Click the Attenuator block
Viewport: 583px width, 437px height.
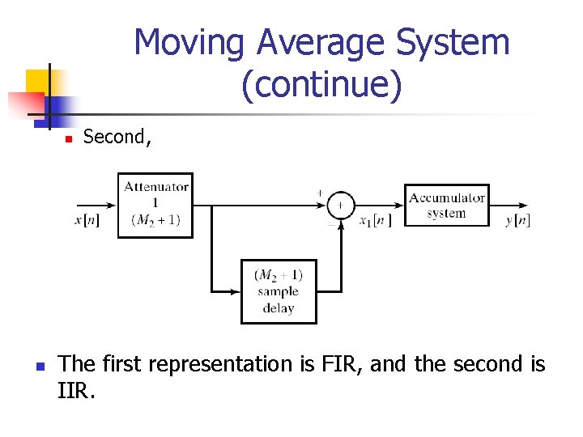click(x=155, y=205)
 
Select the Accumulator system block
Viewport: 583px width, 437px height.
click(x=446, y=205)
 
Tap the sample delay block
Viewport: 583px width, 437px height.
click(x=278, y=291)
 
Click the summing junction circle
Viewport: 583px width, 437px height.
click(x=341, y=205)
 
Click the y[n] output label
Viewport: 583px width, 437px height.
click(x=517, y=220)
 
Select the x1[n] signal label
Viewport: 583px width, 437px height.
click(x=375, y=220)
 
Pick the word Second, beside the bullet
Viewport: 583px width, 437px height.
click(x=117, y=137)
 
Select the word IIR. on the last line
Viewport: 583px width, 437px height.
click(x=77, y=392)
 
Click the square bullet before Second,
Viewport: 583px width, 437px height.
click(x=69, y=139)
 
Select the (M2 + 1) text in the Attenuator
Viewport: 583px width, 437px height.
click(x=155, y=219)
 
